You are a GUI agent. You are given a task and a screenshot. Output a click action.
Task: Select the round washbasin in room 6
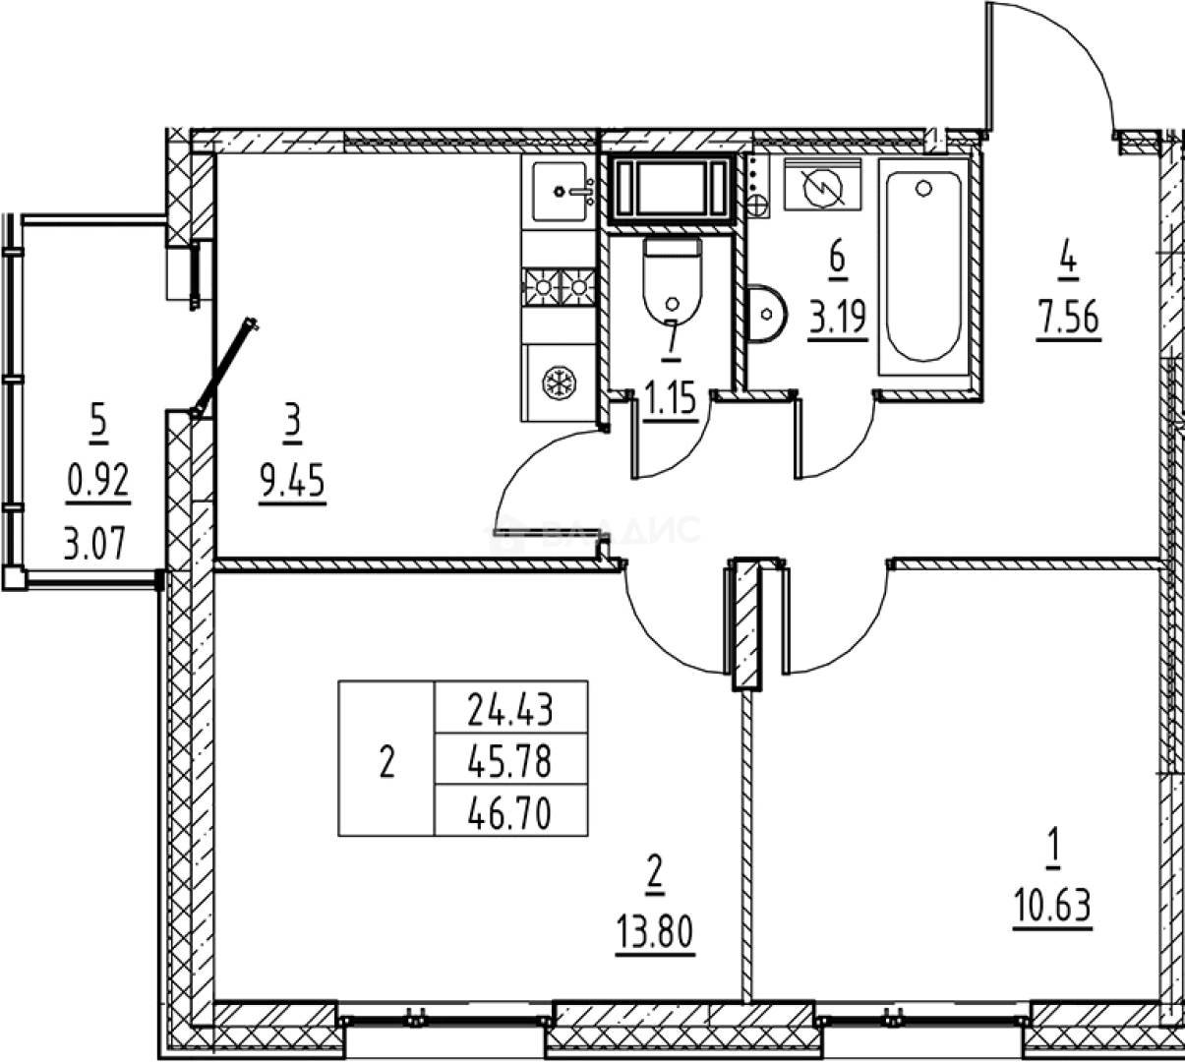click(765, 314)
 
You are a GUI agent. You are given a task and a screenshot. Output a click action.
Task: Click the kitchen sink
click(561, 191)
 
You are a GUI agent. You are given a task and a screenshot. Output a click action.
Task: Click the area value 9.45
click(292, 483)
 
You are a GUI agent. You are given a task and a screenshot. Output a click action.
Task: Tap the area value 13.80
click(655, 930)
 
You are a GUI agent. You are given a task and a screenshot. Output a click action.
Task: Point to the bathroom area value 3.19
click(838, 318)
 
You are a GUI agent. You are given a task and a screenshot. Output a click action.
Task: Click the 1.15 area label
click(671, 400)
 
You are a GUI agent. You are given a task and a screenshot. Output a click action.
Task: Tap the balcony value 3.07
click(95, 542)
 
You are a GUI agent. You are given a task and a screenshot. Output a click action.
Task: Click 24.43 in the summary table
click(510, 708)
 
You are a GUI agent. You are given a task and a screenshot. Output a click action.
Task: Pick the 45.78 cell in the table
click(510, 760)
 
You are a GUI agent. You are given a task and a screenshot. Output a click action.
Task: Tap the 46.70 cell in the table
click(510, 812)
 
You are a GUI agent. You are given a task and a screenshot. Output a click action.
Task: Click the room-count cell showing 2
click(386, 760)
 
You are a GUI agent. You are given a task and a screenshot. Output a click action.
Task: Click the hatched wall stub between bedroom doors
click(747, 624)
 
